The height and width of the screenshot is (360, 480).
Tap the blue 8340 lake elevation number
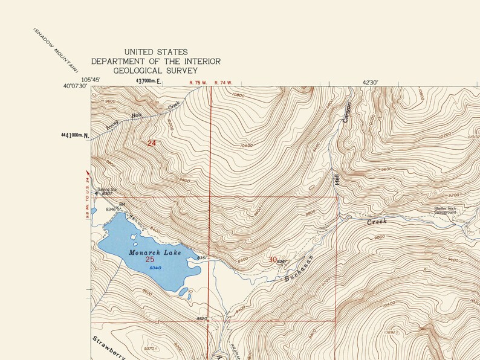155,268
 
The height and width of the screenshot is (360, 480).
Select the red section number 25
150,259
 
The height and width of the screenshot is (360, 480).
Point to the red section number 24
152,143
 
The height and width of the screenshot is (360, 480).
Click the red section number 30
273,260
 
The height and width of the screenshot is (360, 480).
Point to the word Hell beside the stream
337,179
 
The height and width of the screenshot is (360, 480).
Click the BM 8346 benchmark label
114,207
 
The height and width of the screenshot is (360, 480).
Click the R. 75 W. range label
198,82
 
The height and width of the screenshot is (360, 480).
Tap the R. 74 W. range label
223,82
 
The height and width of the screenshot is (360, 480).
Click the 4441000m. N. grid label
74,135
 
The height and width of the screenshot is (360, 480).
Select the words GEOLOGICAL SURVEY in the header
155,71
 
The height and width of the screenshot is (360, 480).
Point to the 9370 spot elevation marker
151,349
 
